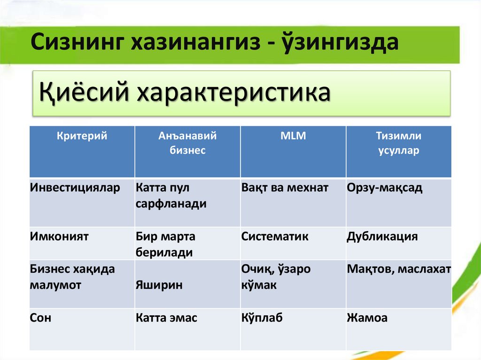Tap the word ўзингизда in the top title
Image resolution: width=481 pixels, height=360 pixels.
click(x=341, y=42)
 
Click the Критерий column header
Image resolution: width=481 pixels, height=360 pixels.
click(x=82, y=136)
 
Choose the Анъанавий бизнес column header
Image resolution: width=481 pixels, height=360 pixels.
click(x=187, y=143)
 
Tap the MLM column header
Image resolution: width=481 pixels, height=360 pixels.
click(x=293, y=136)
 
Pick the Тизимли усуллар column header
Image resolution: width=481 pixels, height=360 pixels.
click(x=398, y=143)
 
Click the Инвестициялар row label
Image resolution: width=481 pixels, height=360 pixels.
click(x=75, y=188)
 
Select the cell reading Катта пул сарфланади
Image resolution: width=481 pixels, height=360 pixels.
click(x=171, y=196)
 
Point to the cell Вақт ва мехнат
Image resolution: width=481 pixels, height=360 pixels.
click(x=285, y=188)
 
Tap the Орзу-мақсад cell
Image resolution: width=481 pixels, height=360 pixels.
click(x=384, y=188)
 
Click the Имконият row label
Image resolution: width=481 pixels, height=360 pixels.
click(x=59, y=237)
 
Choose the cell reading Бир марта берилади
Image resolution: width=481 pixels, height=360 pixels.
click(x=166, y=245)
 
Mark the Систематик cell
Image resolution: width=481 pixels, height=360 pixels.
click(x=275, y=237)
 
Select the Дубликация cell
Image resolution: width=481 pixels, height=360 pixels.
click(x=382, y=237)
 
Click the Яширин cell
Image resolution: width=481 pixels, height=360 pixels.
click(x=159, y=285)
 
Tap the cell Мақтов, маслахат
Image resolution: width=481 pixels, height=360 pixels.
click(x=399, y=269)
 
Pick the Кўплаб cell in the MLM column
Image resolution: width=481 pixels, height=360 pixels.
click(x=262, y=318)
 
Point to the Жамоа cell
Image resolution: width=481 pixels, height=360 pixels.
click(x=367, y=318)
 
